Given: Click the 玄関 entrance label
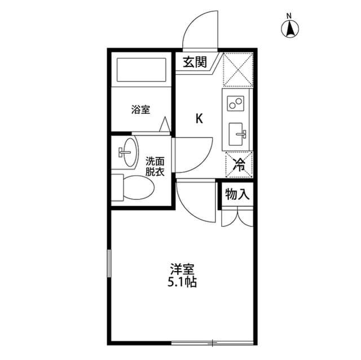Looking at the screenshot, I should tap(195, 63).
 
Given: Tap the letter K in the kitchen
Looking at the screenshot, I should tap(199, 118).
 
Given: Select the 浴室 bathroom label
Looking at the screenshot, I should tap(140, 110).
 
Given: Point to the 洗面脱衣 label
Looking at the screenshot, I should tap(155, 167).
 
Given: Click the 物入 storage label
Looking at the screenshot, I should tap(237, 195).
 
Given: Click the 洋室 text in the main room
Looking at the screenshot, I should tap(181, 269).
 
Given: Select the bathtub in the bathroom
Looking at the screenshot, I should tap(140, 70).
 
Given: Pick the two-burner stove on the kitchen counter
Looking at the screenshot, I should tap(236, 103).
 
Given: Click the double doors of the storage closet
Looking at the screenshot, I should tap(237, 217).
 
